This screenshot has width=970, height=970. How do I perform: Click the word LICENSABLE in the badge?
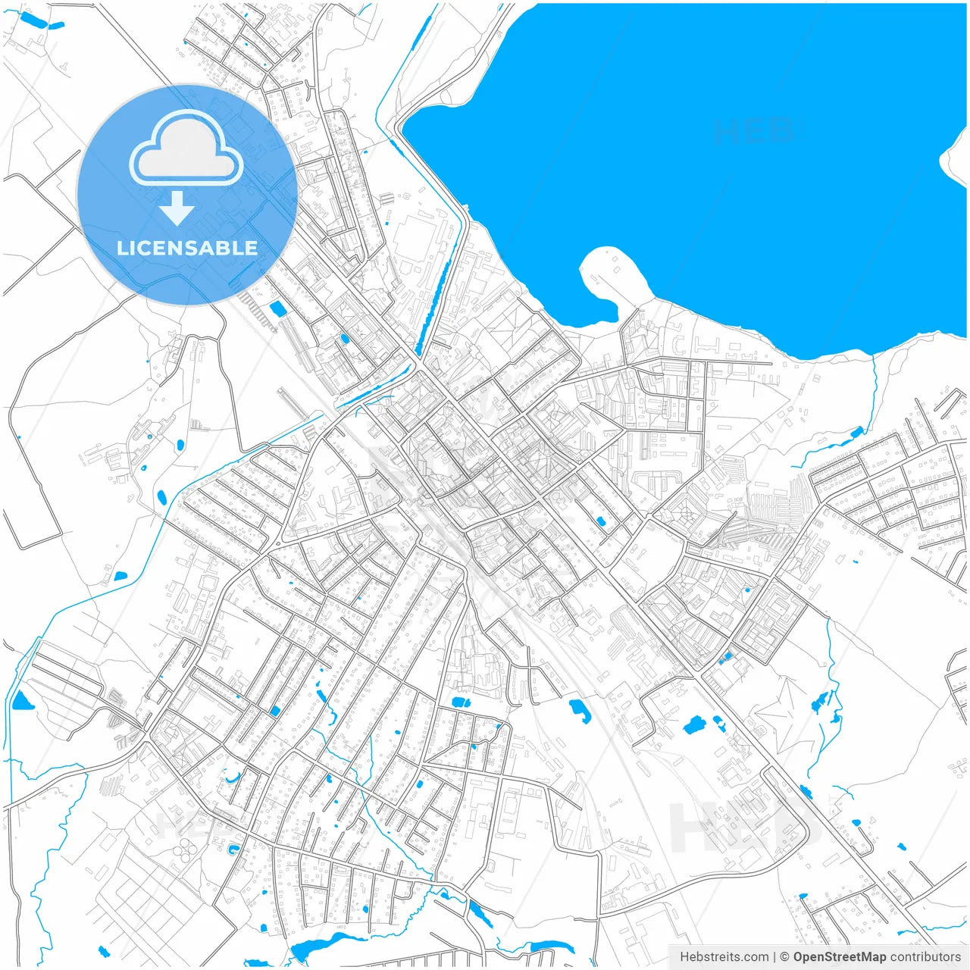pyautogui.click(x=187, y=248)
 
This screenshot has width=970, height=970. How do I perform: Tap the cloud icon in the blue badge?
pyautogui.click(x=186, y=149)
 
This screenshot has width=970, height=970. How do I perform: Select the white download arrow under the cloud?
pyautogui.click(x=177, y=208)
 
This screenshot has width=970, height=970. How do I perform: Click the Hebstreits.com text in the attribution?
pyautogui.click(x=724, y=957)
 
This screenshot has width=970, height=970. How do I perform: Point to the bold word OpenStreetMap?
pyautogui.click(x=840, y=957)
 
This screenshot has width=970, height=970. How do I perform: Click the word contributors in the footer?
pyautogui.click(x=925, y=957)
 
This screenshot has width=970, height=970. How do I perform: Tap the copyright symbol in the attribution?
pyautogui.click(x=785, y=957)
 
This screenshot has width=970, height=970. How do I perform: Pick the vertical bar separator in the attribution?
pyautogui.click(x=774, y=957)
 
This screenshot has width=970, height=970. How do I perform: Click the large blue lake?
pyautogui.click(x=682, y=152)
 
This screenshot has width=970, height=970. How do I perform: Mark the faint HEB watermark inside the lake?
pyautogui.click(x=755, y=131)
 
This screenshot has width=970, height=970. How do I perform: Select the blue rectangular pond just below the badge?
pyautogui.click(x=277, y=308)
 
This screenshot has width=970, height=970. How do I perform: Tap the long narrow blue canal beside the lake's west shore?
pyautogui.click(x=433, y=303)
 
